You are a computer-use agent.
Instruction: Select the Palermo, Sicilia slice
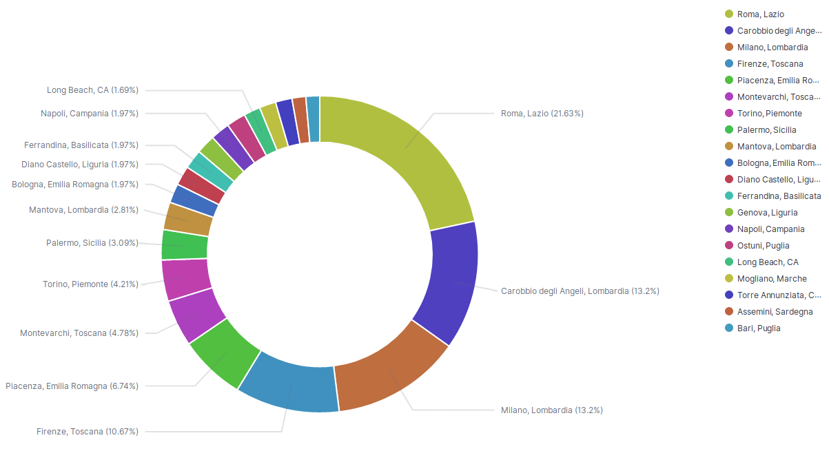[184, 245]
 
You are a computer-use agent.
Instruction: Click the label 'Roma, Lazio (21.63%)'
[542, 114]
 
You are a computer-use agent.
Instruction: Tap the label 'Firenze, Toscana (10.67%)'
[88, 432]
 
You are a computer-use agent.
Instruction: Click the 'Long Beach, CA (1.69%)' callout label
[92, 90]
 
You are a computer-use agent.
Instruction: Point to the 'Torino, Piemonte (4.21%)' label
[90, 284]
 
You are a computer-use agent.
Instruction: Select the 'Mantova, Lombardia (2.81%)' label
[83, 210]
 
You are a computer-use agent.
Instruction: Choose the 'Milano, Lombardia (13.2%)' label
[551, 410]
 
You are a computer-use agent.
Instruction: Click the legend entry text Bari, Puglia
[759, 328]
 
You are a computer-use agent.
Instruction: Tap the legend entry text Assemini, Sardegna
[765, 312]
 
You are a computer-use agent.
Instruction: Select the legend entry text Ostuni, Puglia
[763, 246]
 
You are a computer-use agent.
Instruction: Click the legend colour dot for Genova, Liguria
[728, 213]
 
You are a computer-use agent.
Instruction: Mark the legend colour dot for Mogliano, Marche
[728, 279]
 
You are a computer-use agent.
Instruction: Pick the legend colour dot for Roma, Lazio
[728, 14]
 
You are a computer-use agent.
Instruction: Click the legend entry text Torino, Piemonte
[769, 114]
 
